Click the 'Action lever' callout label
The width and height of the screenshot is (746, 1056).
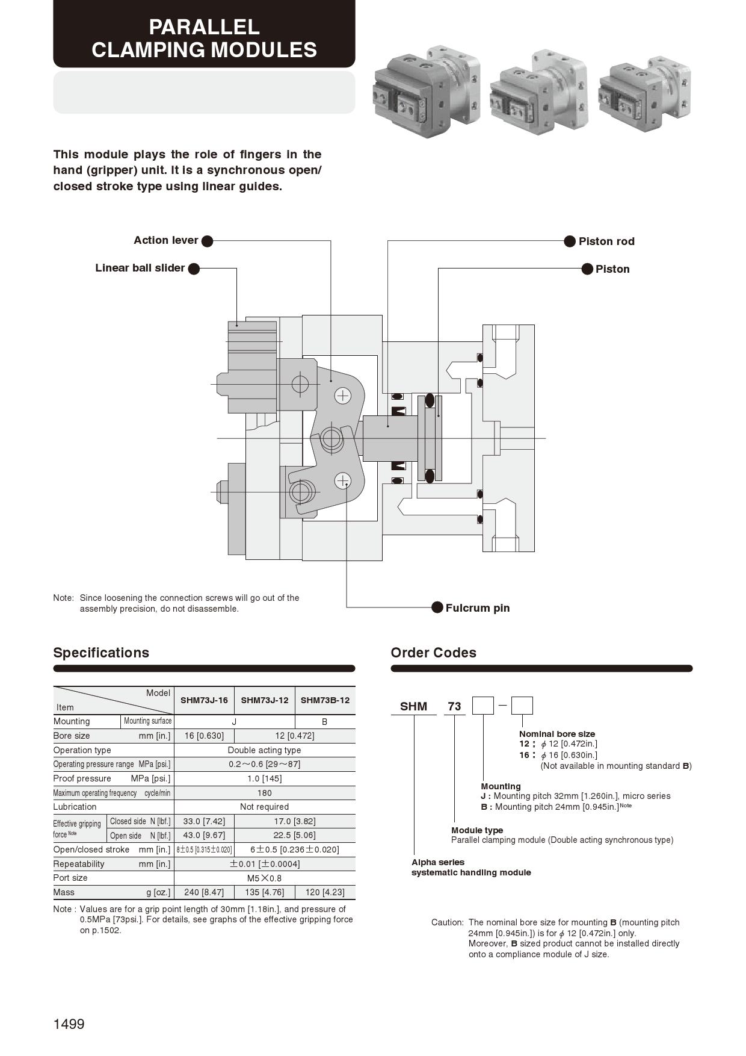click(x=165, y=240)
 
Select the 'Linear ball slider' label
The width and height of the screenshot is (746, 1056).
click(x=140, y=268)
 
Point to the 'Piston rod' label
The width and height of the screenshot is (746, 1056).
click(x=606, y=241)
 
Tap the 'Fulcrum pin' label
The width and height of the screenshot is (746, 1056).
click(x=477, y=608)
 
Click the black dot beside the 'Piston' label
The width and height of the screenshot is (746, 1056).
click(x=587, y=269)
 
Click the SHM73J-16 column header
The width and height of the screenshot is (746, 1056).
click(x=204, y=700)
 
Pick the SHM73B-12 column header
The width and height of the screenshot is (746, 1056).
click(x=325, y=700)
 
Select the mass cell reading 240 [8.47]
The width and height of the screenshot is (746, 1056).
click(x=204, y=892)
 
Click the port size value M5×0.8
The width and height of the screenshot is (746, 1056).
click(x=264, y=878)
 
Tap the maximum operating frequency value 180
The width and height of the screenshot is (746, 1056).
click(x=264, y=793)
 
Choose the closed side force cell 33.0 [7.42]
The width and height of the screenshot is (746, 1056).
click(x=204, y=821)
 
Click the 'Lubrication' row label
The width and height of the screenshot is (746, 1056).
click(x=75, y=807)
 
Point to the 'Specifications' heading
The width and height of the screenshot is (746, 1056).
click(x=101, y=653)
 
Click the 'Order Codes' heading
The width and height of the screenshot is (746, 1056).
click(x=433, y=653)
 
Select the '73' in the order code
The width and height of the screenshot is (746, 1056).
click(x=454, y=706)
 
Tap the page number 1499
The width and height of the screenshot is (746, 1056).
click(x=69, y=1024)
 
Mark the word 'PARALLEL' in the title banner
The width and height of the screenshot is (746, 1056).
click(x=204, y=27)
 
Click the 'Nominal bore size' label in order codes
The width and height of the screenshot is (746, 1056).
click(x=556, y=734)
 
